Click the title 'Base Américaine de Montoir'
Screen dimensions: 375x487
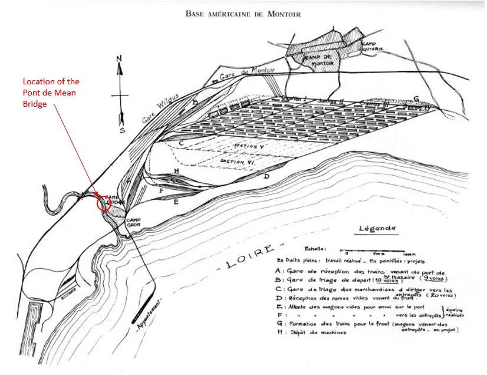[x=244, y=14]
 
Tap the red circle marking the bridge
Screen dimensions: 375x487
[x=103, y=203]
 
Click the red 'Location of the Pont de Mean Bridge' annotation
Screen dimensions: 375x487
[x=51, y=92]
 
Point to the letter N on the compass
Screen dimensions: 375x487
[x=119, y=58]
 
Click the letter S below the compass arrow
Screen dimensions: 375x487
[x=121, y=130]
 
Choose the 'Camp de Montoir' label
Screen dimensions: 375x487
[x=324, y=60]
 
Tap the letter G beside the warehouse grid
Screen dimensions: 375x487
[x=416, y=98]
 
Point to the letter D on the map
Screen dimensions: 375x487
[x=266, y=176]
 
